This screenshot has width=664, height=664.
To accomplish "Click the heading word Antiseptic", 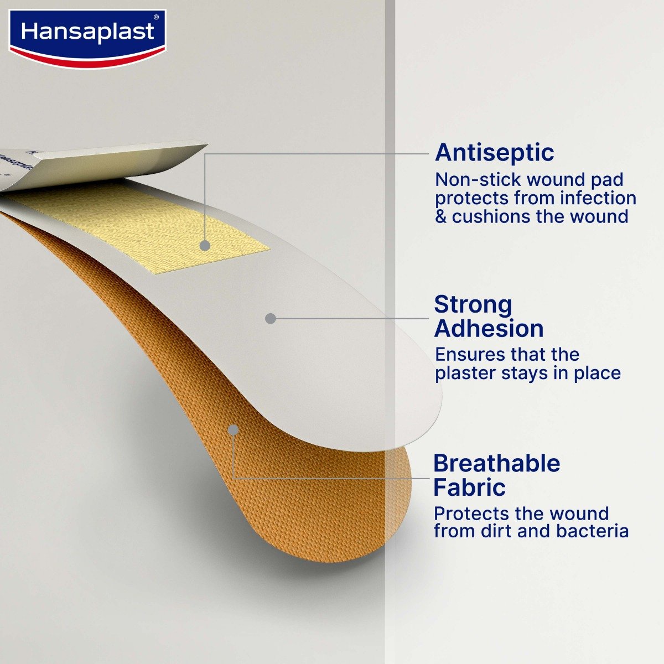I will point(494,153).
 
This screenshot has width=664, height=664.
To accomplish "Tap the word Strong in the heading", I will point(473,305).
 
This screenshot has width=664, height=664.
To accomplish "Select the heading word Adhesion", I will point(489,329).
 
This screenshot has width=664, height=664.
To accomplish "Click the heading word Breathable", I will point(496,464).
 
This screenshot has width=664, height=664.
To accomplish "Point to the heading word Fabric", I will point(469,487).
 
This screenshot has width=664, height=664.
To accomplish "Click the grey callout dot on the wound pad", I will point(205,245).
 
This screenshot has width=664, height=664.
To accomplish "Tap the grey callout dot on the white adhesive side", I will point(270,318).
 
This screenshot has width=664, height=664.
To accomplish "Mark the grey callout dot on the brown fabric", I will point(233,429).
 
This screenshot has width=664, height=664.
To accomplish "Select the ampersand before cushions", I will point(440,216).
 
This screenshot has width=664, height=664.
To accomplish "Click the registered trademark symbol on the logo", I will point(156,18).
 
